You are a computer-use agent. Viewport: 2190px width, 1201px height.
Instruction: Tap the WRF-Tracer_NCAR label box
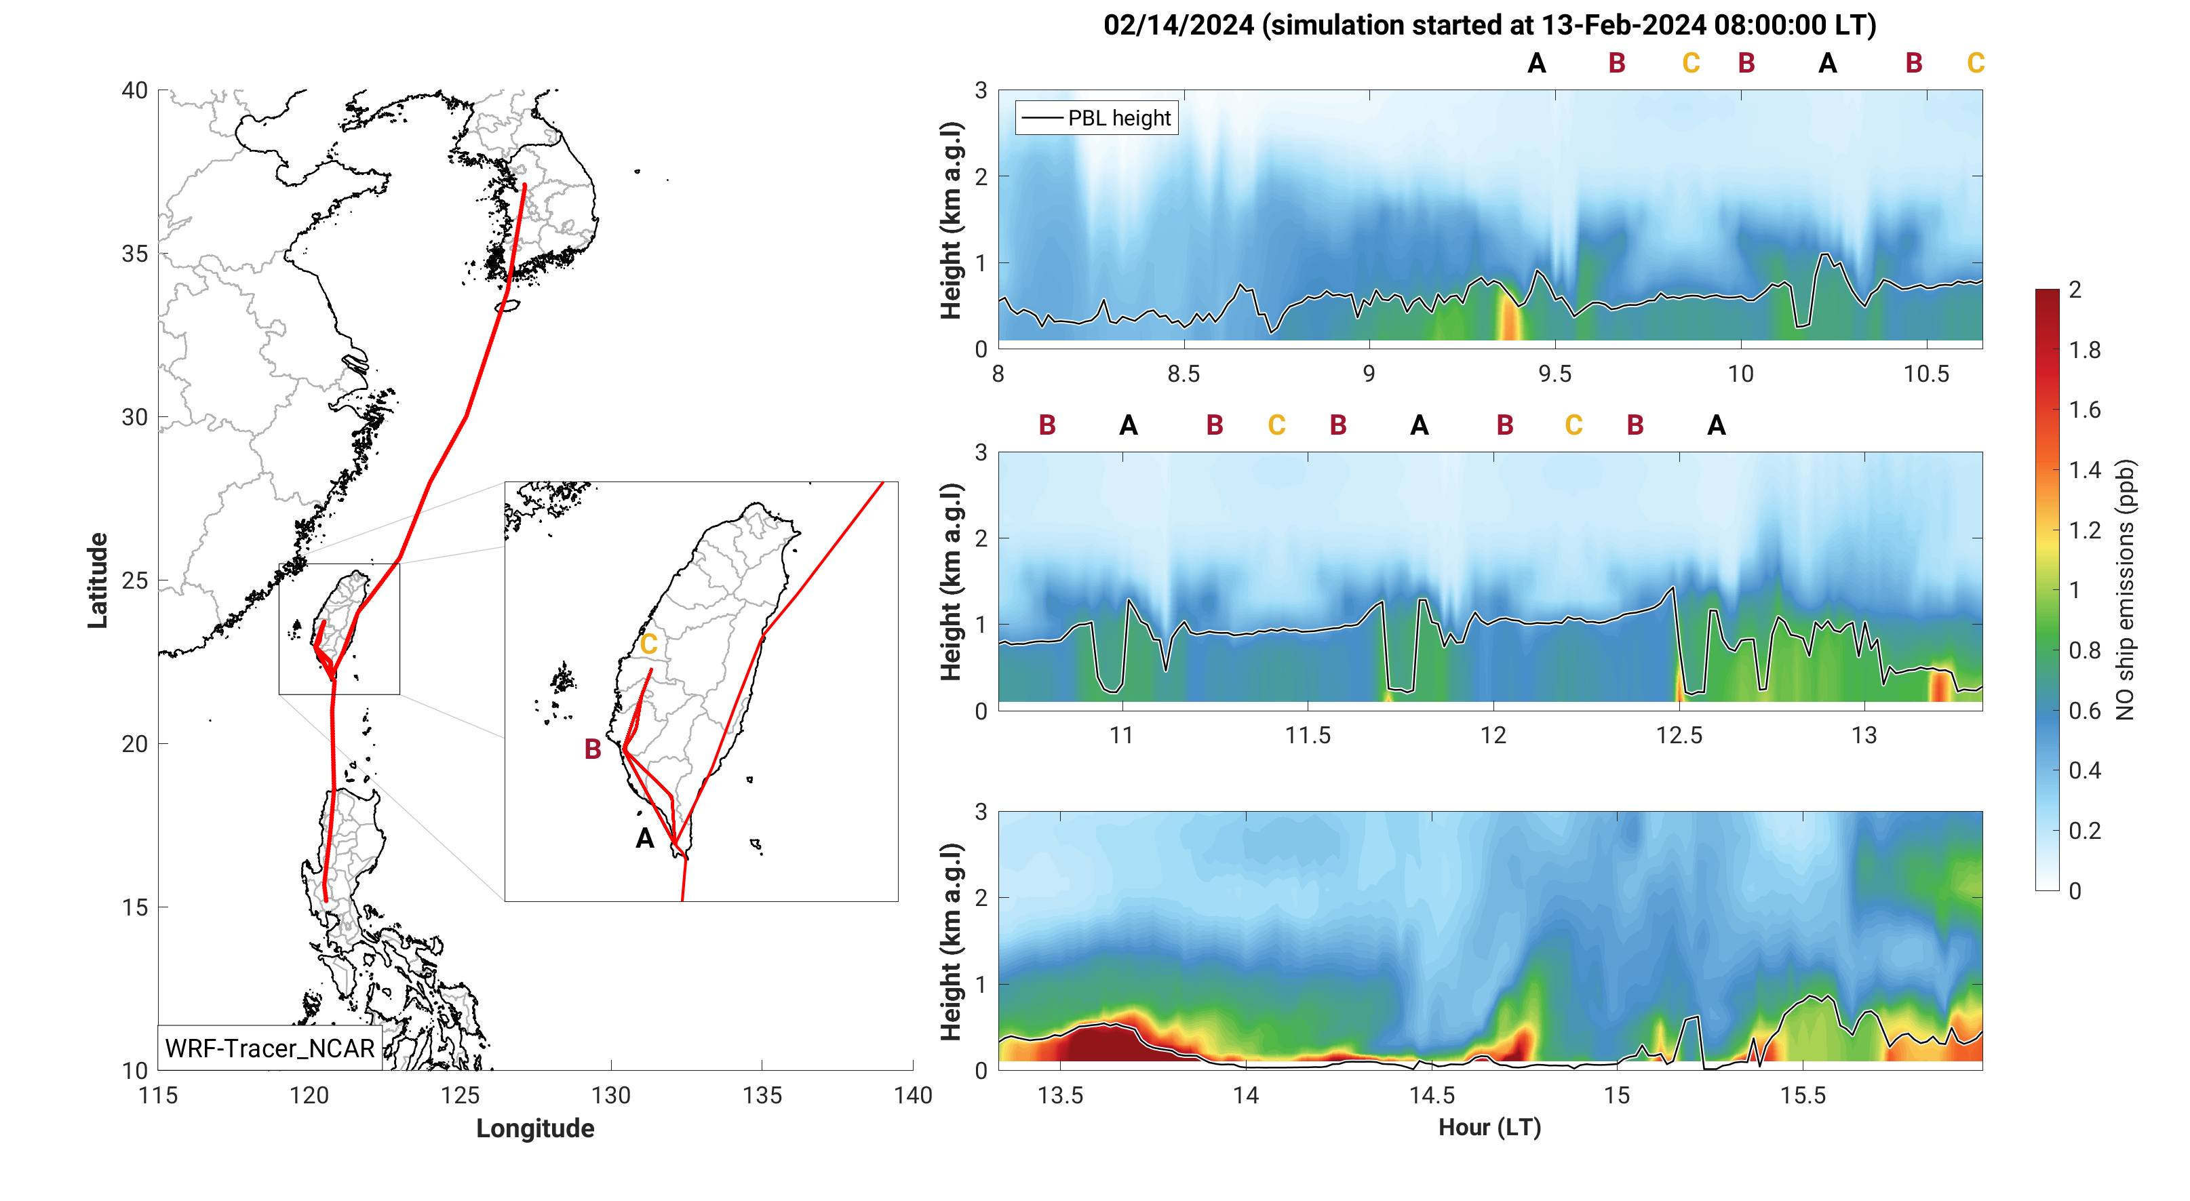(x=269, y=1048)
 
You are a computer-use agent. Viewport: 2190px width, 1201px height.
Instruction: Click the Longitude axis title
(x=534, y=1128)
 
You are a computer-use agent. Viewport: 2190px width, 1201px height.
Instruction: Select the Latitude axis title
(x=98, y=580)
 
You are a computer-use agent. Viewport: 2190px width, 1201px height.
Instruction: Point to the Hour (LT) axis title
(x=1489, y=1127)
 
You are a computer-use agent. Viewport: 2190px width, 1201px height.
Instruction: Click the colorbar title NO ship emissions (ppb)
(x=2126, y=590)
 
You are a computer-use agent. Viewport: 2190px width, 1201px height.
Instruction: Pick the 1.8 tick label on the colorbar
(x=2085, y=350)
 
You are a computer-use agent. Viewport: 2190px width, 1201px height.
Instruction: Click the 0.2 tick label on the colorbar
(x=2085, y=831)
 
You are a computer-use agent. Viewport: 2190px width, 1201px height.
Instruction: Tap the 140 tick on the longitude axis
(x=913, y=1096)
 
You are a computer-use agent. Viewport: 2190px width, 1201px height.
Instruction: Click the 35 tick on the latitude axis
(x=134, y=254)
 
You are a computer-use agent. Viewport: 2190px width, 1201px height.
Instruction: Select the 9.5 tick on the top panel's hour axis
(x=1555, y=374)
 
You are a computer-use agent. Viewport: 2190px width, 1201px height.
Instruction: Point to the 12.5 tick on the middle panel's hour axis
(x=1679, y=735)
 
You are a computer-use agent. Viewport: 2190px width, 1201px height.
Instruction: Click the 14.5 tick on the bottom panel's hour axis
(x=1432, y=1096)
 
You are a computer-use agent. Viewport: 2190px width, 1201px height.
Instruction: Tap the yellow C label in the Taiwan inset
(x=648, y=644)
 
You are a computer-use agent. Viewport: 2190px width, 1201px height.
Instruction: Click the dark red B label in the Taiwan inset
(x=593, y=749)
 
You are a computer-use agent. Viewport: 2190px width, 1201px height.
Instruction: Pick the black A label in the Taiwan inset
(x=645, y=839)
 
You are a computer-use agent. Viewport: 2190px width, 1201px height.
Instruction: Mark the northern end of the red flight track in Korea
(x=524, y=184)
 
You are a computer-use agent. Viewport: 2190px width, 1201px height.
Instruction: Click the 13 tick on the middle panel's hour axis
(x=1864, y=735)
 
